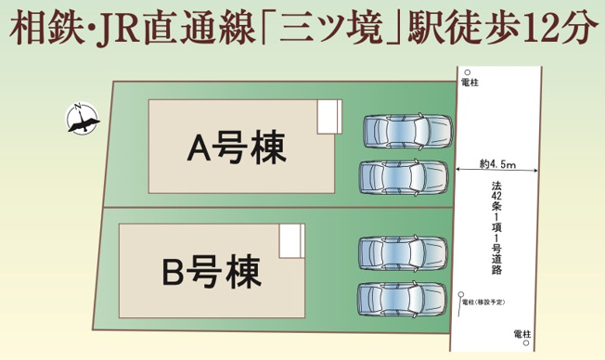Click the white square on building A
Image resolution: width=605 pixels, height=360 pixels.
328,117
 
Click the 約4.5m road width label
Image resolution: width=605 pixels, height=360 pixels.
498,164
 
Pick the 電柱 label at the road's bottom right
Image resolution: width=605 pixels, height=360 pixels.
521,332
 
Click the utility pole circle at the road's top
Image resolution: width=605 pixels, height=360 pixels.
468,72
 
